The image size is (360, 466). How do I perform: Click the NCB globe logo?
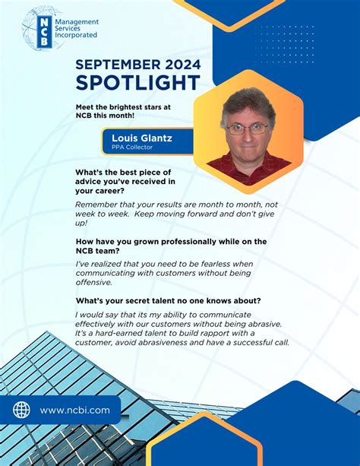(x=42, y=28)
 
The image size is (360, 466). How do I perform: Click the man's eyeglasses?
(x=248, y=128)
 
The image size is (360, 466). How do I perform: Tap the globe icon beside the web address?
(x=21, y=410)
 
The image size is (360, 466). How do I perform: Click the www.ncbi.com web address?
(x=74, y=411)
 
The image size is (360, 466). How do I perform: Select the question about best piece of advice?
(x=125, y=181)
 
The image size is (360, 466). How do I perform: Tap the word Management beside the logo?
(x=78, y=23)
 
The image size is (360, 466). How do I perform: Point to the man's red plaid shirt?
(x=250, y=163)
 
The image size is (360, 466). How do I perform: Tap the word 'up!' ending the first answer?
(x=81, y=223)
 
